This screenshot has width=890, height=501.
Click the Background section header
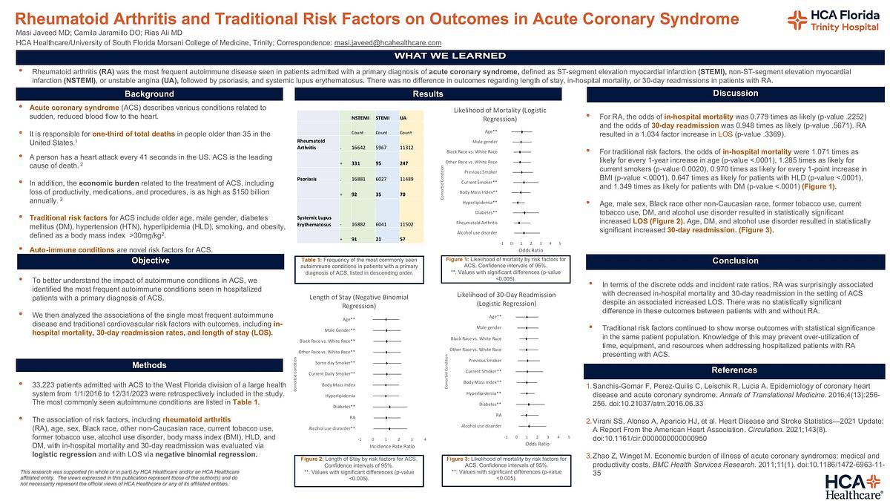(x=149, y=94)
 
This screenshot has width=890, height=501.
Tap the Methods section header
(x=149, y=365)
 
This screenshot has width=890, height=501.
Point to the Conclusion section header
(x=735, y=261)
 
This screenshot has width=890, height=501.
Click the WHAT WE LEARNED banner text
(x=450, y=56)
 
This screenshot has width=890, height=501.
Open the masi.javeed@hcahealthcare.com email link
(x=387, y=43)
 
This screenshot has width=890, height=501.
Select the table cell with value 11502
(x=408, y=225)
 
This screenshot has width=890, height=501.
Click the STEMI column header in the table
(x=383, y=118)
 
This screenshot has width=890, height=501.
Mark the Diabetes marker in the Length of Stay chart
(x=389, y=407)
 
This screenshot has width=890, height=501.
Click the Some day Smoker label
(x=334, y=362)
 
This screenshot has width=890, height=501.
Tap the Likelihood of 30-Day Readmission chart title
(x=506, y=299)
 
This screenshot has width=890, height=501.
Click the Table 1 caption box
(x=360, y=266)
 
